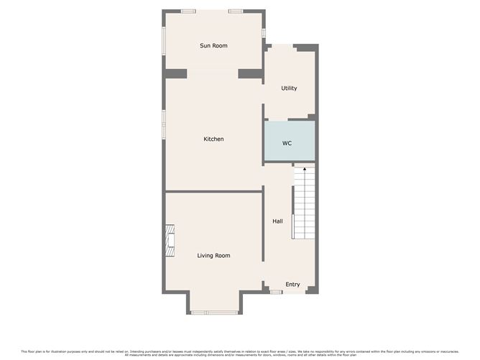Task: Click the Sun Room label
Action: (x=213, y=46)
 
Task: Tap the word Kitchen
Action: (x=213, y=139)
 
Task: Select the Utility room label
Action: (x=289, y=88)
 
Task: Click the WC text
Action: (x=287, y=143)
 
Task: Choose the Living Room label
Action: (x=213, y=255)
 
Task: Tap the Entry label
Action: (x=292, y=285)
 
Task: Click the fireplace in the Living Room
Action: (x=170, y=240)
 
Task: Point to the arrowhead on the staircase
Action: (x=304, y=170)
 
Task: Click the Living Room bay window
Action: (x=213, y=312)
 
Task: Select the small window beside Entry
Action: (x=275, y=291)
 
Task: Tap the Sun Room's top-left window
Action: (x=188, y=11)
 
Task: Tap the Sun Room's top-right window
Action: (x=235, y=11)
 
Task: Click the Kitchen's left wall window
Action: (x=164, y=122)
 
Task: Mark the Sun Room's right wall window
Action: (x=264, y=33)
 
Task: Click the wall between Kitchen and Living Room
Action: (x=213, y=191)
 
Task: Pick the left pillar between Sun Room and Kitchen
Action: (x=176, y=73)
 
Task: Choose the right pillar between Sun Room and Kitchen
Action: (x=250, y=73)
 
